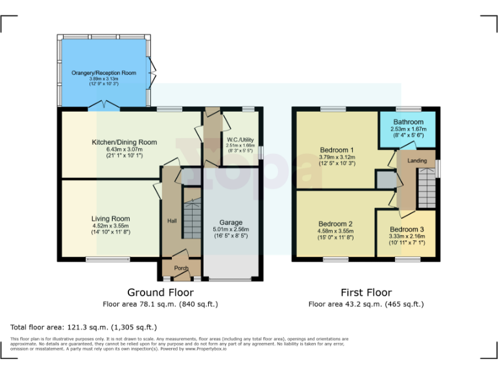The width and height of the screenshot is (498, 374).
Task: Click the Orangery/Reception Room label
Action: (x=104, y=73)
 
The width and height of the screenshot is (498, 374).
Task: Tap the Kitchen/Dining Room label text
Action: (x=123, y=142)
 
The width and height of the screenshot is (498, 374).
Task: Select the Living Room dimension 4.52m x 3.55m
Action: (x=110, y=226)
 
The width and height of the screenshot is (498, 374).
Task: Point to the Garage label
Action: (x=231, y=222)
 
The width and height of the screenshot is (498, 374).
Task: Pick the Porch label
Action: (x=182, y=268)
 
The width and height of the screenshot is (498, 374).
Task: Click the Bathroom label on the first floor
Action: (x=407, y=122)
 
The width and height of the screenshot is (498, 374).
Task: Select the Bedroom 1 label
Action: (x=338, y=149)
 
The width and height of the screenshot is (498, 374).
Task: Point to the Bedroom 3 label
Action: (x=407, y=229)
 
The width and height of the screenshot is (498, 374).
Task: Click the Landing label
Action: (x=417, y=160)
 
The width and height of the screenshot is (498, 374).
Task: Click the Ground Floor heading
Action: (x=160, y=293)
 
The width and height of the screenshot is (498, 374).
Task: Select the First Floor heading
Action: (x=366, y=293)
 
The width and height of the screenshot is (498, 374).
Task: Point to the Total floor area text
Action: (x=84, y=327)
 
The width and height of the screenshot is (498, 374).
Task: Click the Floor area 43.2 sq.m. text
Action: (x=366, y=304)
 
